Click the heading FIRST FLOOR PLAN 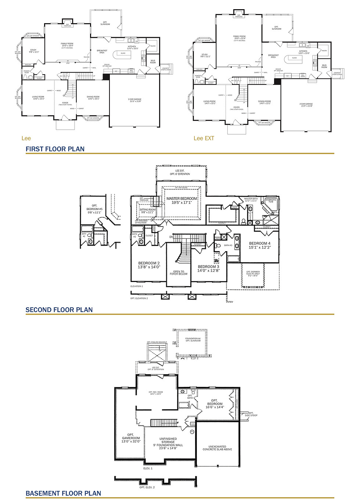pyautogui.click(x=55, y=149)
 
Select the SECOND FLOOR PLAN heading pyautogui.click(x=59, y=310)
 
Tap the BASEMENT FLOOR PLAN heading pyautogui.click(x=63, y=493)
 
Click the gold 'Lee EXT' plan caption pyautogui.click(x=204, y=138)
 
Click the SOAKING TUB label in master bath pyautogui.click(x=271, y=201)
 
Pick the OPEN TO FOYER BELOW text pyautogui.click(x=179, y=273)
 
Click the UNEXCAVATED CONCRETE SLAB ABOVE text pyautogui.click(x=217, y=448)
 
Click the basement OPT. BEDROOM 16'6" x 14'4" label pyautogui.click(x=215, y=404)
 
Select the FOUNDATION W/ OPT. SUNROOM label pyautogui.click(x=193, y=340)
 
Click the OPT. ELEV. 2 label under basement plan pyautogui.click(x=147, y=487)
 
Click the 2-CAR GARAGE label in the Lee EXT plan pyautogui.click(x=306, y=105)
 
